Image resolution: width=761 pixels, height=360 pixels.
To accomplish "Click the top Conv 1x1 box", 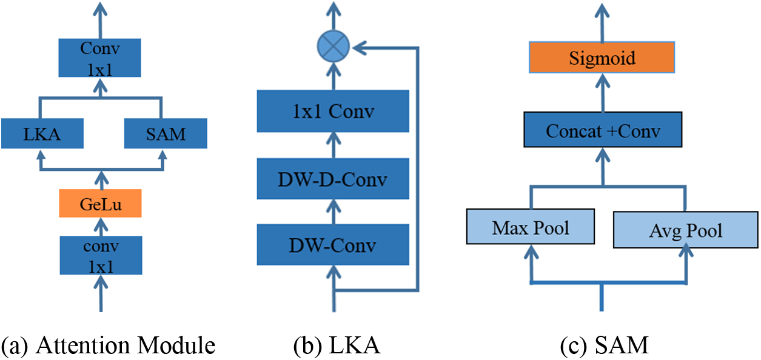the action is [x=99, y=58].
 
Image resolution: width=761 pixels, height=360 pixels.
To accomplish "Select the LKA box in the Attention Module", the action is [x=42, y=133].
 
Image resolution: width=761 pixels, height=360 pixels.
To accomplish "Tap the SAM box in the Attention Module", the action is [x=166, y=133].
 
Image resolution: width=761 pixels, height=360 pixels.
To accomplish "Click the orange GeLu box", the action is [x=101, y=204].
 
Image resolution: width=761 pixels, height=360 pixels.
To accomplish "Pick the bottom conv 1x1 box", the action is [x=101, y=255].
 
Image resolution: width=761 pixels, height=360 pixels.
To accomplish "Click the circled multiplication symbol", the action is [x=334, y=46].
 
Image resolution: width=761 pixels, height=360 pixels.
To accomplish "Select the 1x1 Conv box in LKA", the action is [x=333, y=111].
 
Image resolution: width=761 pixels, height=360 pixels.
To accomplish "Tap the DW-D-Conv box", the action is [x=333, y=179].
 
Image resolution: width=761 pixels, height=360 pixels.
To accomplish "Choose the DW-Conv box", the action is [x=333, y=244].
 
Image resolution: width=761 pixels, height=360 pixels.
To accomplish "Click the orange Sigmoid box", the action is [x=602, y=58].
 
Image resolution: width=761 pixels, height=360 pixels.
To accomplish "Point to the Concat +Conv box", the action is [x=603, y=130].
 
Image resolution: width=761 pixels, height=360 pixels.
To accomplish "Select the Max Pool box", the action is [x=531, y=227].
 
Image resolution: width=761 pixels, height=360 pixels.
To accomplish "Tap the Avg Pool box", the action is [x=686, y=230].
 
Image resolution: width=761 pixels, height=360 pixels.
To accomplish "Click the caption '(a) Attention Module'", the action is [x=108, y=345].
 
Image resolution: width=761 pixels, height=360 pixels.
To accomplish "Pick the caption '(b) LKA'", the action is [x=337, y=345].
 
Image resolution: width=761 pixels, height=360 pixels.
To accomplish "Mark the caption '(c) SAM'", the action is [x=605, y=345].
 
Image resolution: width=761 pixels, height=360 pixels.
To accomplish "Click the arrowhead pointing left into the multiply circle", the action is [x=359, y=48].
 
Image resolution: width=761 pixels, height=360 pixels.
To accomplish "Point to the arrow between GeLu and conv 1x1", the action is [x=101, y=227].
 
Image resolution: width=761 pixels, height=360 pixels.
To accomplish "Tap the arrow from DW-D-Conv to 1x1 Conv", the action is [x=334, y=145].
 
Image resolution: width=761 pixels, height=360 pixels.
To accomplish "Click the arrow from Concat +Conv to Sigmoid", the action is [x=603, y=93].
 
